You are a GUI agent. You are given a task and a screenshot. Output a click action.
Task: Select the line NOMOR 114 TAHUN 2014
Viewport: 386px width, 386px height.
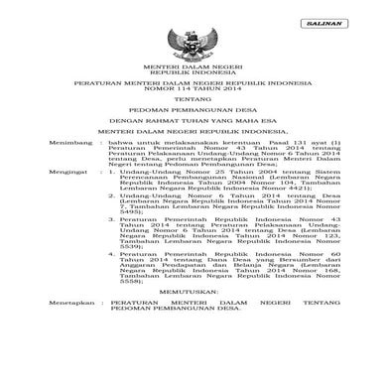[x=193, y=115]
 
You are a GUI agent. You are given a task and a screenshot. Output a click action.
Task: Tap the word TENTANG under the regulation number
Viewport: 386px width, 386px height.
[x=193, y=128]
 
